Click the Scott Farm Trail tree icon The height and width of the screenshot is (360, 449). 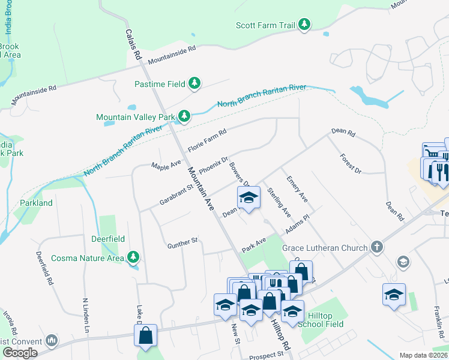click(306, 25)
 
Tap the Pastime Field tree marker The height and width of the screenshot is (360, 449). click(194, 83)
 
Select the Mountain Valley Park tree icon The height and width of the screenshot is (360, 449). click(185, 116)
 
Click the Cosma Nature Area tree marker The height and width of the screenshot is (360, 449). click(133, 258)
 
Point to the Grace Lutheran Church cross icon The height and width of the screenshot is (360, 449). click(376, 247)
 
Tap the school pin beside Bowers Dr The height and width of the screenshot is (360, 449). click(249, 197)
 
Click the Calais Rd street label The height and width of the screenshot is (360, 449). click(133, 44)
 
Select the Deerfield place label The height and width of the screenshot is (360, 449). click(108, 239)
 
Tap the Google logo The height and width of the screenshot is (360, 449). click(20, 352)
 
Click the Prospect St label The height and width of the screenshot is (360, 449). click(266, 356)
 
